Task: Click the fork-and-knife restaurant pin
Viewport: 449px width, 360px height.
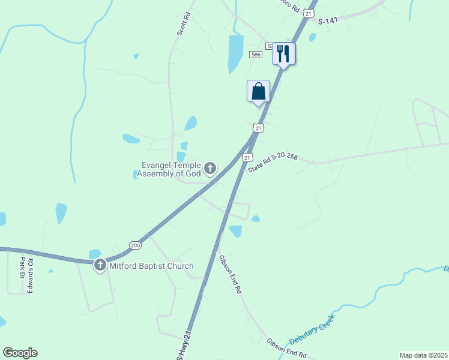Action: click(x=283, y=53)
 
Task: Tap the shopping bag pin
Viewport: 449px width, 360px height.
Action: click(x=258, y=91)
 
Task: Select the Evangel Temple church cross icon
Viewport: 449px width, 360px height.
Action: click(x=210, y=169)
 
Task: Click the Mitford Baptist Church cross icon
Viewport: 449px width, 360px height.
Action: click(x=101, y=265)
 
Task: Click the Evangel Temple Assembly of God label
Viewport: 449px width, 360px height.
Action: click(x=169, y=169)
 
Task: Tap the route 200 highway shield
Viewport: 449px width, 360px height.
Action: click(x=134, y=245)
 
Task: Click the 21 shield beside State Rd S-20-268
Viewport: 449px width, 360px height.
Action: click(x=247, y=157)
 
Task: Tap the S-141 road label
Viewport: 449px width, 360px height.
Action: click(x=329, y=21)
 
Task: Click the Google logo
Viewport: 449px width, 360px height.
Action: click(x=20, y=353)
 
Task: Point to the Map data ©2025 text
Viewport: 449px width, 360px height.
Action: click(x=423, y=355)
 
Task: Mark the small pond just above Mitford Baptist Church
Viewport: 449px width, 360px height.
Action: click(x=95, y=253)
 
